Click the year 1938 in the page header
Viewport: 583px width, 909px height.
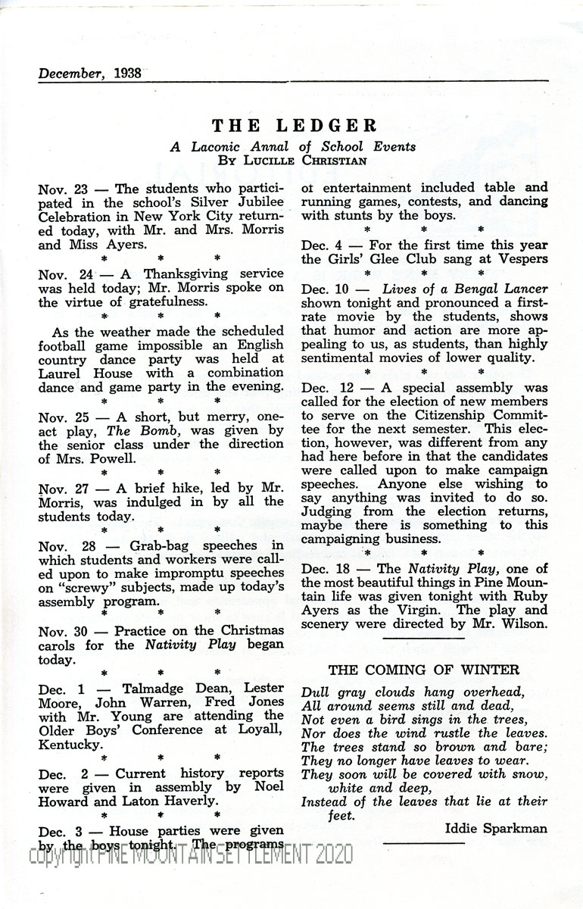(x=123, y=73)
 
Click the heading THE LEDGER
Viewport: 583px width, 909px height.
(x=294, y=125)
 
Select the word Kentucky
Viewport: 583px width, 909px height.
(x=70, y=745)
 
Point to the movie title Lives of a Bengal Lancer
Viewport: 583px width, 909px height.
(x=465, y=289)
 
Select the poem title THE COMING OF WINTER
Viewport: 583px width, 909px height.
(x=424, y=670)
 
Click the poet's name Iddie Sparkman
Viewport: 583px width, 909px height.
(x=496, y=828)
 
